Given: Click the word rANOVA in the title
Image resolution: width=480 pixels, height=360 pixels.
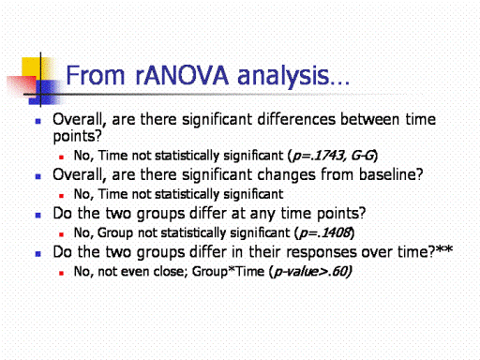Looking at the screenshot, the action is point(182,75).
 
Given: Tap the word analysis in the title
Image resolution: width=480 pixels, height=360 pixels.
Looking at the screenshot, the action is point(283,77).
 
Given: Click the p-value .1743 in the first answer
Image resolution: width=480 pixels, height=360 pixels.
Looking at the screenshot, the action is point(328,156).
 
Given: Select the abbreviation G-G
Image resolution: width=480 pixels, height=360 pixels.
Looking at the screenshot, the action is point(363,156).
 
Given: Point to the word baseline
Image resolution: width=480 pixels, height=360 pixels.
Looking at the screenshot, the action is point(387,174).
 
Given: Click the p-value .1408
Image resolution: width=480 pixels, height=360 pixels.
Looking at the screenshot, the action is point(335,232).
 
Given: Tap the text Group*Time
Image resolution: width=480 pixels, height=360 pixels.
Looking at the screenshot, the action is point(228,271).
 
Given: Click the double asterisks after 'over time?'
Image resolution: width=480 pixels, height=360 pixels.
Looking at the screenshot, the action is point(444,249).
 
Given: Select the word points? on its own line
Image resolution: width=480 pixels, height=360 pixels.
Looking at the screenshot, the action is point(78,137).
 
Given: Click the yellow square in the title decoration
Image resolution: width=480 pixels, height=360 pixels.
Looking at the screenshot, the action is point(31,67).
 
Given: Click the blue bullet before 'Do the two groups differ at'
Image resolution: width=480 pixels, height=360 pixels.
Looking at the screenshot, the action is point(38,215).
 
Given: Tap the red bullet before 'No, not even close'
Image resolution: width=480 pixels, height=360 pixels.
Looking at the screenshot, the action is point(62,273).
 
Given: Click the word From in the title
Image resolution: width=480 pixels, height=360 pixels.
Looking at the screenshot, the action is point(96,75).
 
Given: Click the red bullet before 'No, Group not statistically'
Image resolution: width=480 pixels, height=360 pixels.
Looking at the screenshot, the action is point(62,234).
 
